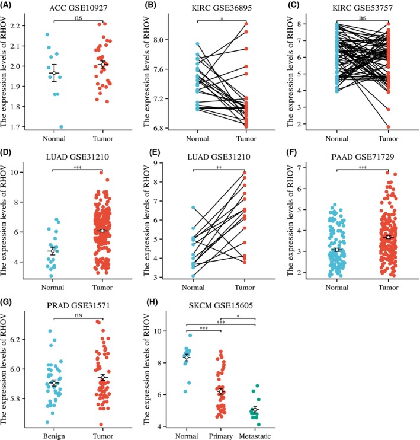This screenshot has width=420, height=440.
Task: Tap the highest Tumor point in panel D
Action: [101, 173]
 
